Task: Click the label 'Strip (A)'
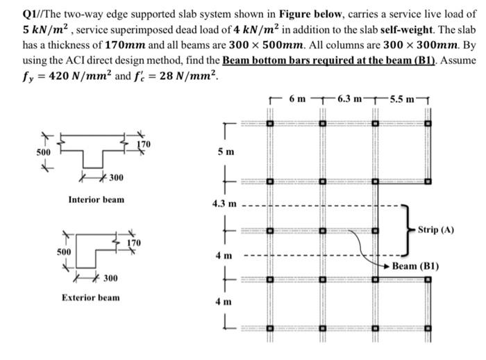(x=436, y=230)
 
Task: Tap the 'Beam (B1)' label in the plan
(x=414, y=266)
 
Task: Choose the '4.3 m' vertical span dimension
(x=224, y=204)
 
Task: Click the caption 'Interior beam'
(x=97, y=199)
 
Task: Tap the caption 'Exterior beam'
(x=90, y=297)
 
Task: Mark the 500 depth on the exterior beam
(x=64, y=251)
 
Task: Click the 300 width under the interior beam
(x=115, y=179)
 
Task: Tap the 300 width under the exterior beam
(x=110, y=279)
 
